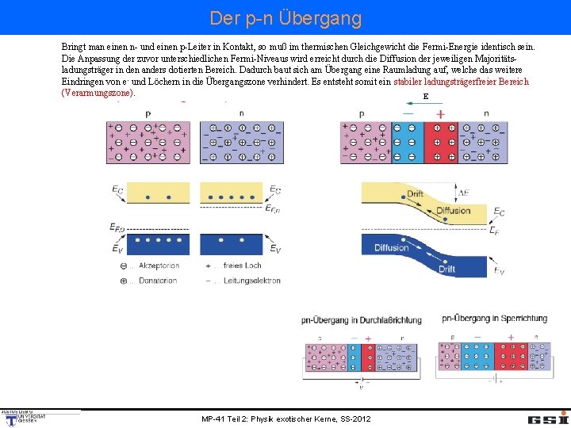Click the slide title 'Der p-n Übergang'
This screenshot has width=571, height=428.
[x=285, y=17]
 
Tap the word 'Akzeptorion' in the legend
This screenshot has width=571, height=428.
[x=159, y=266]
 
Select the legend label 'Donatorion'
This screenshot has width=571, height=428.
[x=159, y=280]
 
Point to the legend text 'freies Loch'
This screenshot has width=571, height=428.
[x=243, y=266]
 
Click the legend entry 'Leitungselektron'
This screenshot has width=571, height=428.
[x=252, y=280]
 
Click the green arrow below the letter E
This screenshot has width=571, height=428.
[x=425, y=105]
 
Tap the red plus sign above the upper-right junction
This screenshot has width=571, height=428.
[x=440, y=114]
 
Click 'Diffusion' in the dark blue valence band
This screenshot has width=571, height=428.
[x=392, y=248]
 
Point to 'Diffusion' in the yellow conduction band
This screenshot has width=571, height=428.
[x=453, y=211]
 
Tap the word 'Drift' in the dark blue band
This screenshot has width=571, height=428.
[x=447, y=269]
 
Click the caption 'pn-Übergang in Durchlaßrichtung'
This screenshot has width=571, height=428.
[x=362, y=319]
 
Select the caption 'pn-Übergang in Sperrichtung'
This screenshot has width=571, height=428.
[x=493, y=319]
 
